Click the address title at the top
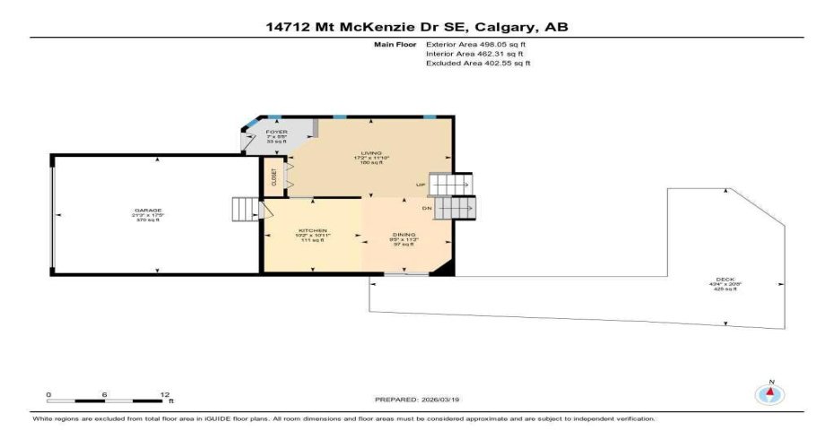click(x=417, y=27)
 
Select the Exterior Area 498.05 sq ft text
click(x=475, y=44)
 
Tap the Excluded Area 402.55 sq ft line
click(x=477, y=64)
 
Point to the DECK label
click(x=725, y=280)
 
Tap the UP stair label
click(x=420, y=185)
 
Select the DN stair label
click(x=427, y=208)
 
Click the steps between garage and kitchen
click(x=245, y=210)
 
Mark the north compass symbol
click(x=769, y=392)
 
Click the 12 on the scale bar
click(x=164, y=394)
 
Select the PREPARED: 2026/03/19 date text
click(x=417, y=400)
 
